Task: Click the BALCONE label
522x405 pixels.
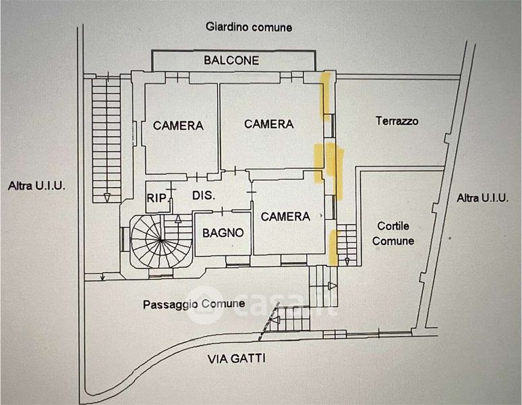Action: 231,60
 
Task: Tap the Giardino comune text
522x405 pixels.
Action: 250,27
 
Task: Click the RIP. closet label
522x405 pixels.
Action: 158,198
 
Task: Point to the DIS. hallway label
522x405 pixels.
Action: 204,196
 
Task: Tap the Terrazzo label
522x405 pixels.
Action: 397,122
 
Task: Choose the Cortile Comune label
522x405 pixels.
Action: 395,233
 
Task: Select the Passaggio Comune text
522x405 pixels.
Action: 194,304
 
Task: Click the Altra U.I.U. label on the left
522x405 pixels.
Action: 37,185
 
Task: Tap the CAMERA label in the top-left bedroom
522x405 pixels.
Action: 178,126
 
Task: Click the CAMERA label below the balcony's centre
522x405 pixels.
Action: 269,124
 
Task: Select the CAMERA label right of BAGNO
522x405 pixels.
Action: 285,217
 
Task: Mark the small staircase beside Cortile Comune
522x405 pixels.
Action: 346,244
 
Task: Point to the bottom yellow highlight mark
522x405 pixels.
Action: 333,246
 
